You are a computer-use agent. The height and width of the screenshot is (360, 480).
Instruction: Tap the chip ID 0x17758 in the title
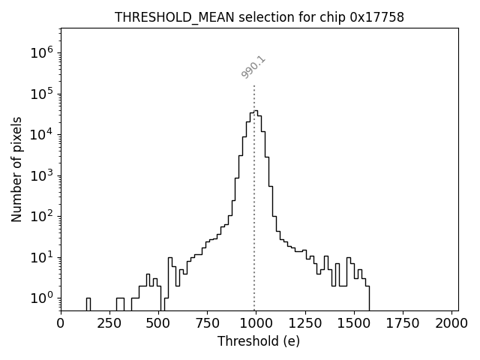click(377, 17)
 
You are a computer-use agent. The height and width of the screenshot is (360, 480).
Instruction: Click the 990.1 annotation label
click(253, 67)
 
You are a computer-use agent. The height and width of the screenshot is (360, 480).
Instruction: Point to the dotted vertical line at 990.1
click(254, 187)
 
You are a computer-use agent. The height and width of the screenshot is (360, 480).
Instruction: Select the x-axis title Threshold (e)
click(259, 341)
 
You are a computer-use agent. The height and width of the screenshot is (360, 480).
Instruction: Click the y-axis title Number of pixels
click(17, 169)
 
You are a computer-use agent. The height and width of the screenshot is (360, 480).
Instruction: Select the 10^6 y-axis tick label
click(42, 53)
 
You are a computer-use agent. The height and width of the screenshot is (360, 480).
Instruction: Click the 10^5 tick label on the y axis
click(42, 94)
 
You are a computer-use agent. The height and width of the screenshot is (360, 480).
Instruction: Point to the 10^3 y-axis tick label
click(42, 175)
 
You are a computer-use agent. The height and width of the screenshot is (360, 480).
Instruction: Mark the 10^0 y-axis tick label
click(42, 298)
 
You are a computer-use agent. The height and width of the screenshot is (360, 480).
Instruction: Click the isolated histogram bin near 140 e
click(88, 303)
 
